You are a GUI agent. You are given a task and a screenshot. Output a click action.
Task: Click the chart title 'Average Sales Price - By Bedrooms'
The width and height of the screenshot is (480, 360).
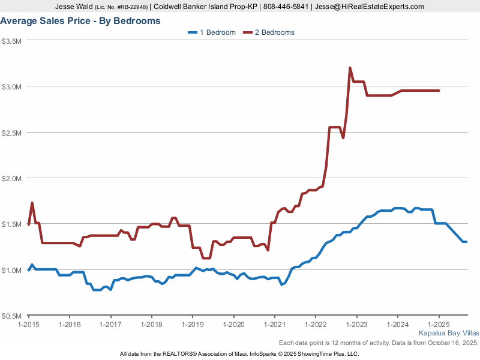click(80, 21)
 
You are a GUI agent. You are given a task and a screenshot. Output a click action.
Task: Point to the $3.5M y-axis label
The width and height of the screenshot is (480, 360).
click(12, 41)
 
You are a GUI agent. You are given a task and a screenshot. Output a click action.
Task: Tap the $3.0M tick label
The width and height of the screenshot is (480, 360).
click(12, 86)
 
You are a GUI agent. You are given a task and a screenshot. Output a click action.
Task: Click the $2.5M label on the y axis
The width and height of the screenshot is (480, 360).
click(12, 133)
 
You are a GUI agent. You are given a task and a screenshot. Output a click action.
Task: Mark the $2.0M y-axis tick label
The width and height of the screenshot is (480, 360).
click(12, 178)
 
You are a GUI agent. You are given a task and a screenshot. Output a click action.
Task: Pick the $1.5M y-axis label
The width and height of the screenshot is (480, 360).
click(12, 224)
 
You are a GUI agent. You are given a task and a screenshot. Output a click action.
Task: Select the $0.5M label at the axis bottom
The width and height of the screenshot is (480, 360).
click(12, 316)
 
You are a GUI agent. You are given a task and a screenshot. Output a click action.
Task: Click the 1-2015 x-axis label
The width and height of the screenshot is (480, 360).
click(29, 325)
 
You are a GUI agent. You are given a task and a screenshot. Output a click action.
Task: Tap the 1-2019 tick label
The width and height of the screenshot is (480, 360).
click(193, 325)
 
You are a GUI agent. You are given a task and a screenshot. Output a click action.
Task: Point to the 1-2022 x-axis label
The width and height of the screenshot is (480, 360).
click(316, 325)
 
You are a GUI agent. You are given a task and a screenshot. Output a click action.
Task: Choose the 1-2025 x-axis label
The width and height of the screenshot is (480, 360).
click(439, 325)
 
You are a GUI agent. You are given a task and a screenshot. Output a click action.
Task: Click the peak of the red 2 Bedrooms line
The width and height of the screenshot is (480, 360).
click(350, 68)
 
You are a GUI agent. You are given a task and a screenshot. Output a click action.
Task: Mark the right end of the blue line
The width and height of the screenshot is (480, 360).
click(466, 242)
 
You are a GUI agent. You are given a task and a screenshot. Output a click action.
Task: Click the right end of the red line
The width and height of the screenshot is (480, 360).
click(439, 91)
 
